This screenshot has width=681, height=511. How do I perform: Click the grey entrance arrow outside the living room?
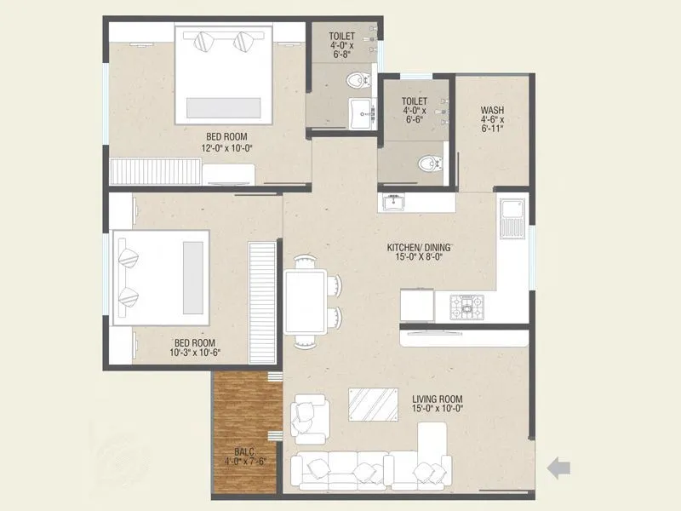558,467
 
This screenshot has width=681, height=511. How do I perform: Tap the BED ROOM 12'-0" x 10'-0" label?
227,141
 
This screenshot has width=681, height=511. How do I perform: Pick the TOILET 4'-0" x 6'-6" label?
415,111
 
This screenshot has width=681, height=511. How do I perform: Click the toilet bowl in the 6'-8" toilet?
358,82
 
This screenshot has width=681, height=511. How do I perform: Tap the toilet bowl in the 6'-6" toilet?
427,163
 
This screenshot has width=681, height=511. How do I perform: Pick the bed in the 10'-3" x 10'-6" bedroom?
162,277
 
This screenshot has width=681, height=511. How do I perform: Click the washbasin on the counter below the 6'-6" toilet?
393,203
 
